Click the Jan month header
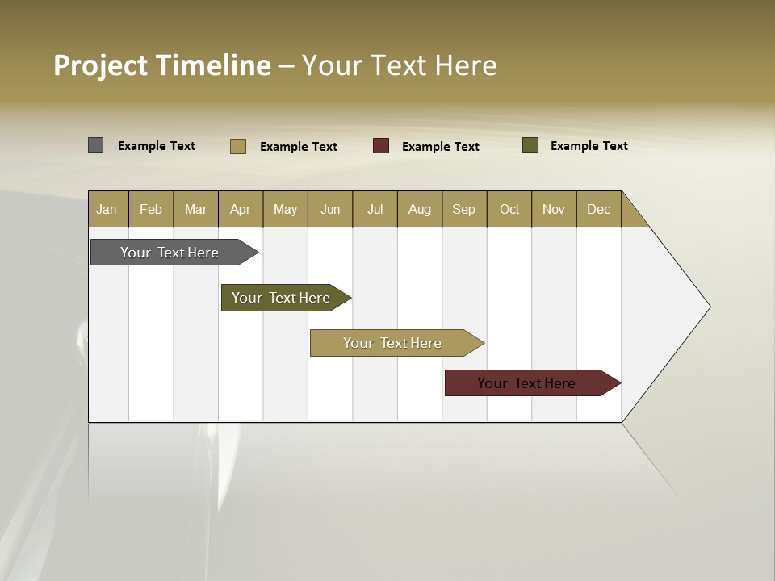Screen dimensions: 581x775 [x=107, y=210]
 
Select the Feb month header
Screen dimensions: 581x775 [x=151, y=210]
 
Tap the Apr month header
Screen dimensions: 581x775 [x=240, y=210]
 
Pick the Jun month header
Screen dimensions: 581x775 [x=330, y=210]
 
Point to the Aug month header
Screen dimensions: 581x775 [x=419, y=210]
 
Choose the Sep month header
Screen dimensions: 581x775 [x=463, y=210]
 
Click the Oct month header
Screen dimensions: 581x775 [x=509, y=210]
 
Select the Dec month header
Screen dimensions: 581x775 [x=598, y=210]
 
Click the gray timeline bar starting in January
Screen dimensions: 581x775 [x=170, y=253]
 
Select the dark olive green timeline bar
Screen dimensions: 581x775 [x=281, y=298]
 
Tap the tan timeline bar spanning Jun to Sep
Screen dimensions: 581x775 [x=392, y=343]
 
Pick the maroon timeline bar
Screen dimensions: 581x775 [x=526, y=383]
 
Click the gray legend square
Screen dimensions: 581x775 [x=95, y=145]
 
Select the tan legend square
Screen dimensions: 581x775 [x=237, y=146]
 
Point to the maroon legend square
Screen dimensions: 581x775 [x=381, y=146]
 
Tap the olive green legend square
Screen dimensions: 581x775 [x=530, y=145]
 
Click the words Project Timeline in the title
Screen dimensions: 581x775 [x=161, y=65]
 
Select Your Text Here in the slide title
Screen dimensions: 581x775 [x=399, y=65]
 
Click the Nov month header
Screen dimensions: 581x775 [x=553, y=210]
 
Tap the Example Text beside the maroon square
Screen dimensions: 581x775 [x=440, y=147]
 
